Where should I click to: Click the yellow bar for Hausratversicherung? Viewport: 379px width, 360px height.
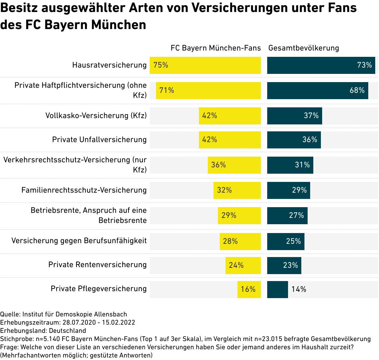pos(205,65)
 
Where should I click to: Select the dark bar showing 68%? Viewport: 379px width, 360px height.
pos(317,91)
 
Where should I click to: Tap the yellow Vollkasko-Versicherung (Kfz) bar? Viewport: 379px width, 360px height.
pos(230,116)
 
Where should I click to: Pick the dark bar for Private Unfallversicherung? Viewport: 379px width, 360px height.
pos(294,140)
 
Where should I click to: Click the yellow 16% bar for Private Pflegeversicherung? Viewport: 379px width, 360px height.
pos(249,290)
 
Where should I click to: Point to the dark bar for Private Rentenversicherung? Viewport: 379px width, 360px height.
pos(284,266)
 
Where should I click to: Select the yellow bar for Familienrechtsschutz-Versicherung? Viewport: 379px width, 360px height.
pos(237,190)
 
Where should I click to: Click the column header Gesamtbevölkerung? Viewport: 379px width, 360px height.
pos(304,48)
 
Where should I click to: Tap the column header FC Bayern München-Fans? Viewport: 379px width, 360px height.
pos(216,48)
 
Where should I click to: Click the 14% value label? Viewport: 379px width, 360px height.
pos(299,290)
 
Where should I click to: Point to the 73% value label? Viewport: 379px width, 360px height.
pos(364,65)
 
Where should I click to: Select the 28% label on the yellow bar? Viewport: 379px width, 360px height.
pos(230,242)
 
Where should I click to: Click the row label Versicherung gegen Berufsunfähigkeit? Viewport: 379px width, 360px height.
pos(79,241)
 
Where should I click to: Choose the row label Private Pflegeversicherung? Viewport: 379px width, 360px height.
pos(99,289)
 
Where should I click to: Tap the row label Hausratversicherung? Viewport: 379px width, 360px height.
pos(109,65)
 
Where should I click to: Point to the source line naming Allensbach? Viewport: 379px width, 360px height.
pos(63,314)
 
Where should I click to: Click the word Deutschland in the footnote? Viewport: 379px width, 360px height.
pos(67,331)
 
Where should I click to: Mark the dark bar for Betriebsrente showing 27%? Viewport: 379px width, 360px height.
pos(287,216)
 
